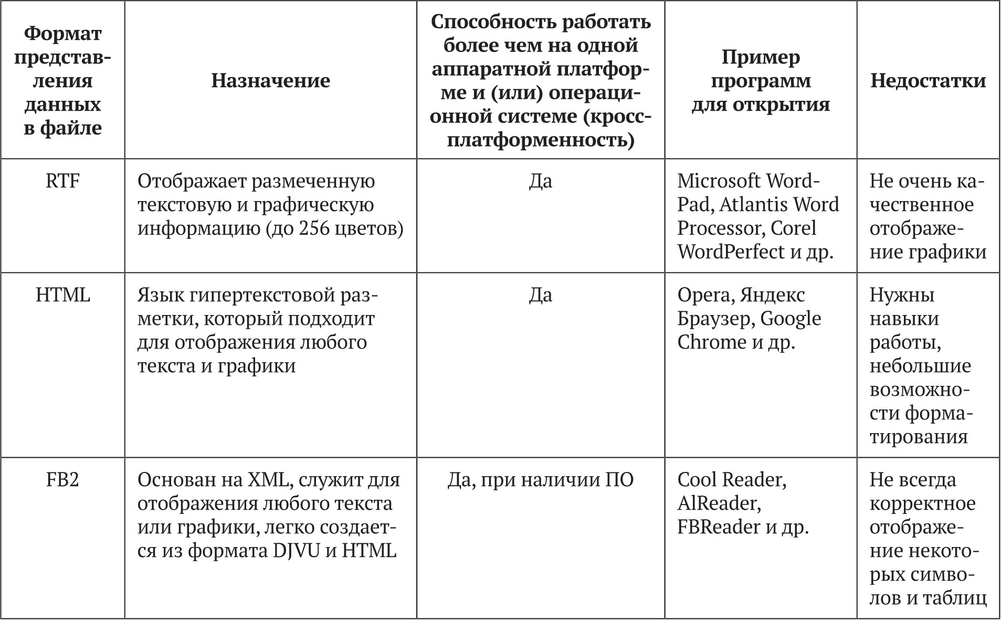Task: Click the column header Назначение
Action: (x=270, y=80)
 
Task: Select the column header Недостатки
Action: (x=928, y=80)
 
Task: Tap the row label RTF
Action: (x=62, y=181)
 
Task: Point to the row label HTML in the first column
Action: (x=63, y=295)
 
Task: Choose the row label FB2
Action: (x=62, y=480)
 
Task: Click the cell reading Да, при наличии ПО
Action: (x=541, y=480)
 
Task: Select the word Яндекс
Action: (x=772, y=296)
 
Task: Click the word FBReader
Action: (x=719, y=527)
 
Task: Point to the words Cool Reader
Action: (x=731, y=480)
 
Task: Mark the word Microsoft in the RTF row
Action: (x=719, y=181)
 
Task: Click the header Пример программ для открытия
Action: (x=760, y=80)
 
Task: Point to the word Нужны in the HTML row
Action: (x=902, y=296)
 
